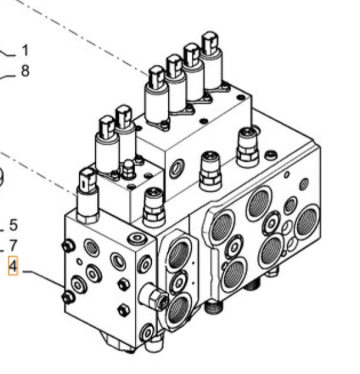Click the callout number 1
tap(25, 51)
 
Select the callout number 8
tap(25, 71)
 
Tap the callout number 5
tap(13, 225)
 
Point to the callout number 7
tap(13, 245)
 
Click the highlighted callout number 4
tap(13, 266)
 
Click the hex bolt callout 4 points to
tap(69, 296)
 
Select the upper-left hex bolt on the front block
tap(69, 246)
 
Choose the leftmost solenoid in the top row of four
tap(157, 95)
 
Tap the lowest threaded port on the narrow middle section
tap(179, 308)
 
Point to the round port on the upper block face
tap(177, 168)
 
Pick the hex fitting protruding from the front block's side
tap(155, 297)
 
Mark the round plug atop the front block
tap(136, 239)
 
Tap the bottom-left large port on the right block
tap(234, 274)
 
